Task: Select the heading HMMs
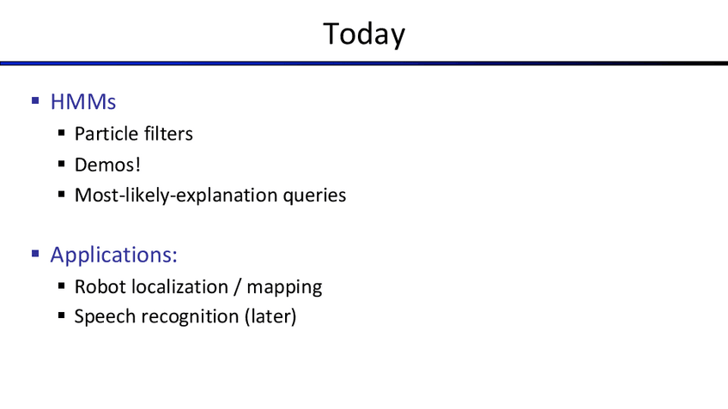[x=83, y=102]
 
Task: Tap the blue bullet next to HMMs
[x=35, y=100]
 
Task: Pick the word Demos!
[x=107, y=165]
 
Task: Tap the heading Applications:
[x=113, y=256]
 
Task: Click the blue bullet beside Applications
[x=35, y=253]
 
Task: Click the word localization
[x=179, y=286]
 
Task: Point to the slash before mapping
[x=238, y=286]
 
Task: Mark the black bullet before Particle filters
[x=61, y=133]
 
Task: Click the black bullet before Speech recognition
[x=61, y=316]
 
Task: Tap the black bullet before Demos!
[x=61, y=164]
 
